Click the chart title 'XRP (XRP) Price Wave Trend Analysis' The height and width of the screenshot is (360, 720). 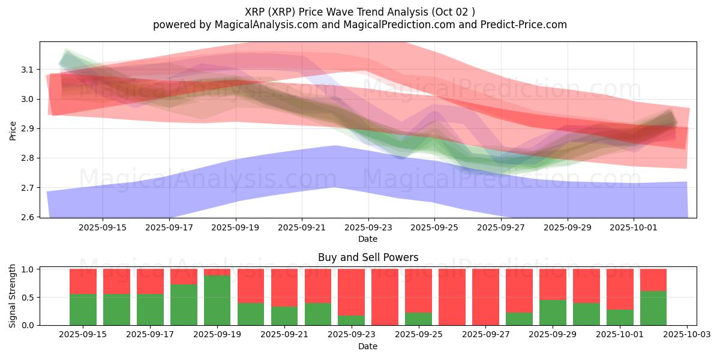click(336, 12)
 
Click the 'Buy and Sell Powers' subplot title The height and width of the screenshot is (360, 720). click(368, 258)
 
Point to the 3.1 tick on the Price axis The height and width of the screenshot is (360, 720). click(27, 70)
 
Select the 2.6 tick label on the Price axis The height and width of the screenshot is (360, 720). click(27, 217)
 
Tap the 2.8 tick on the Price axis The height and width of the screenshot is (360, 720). click(27, 158)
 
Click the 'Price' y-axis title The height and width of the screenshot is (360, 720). click(13, 130)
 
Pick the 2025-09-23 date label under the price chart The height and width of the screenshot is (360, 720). click(368, 227)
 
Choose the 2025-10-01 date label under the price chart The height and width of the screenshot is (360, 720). click(633, 227)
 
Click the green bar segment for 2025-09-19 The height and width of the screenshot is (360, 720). click(217, 300)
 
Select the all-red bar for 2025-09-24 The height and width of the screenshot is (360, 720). click(385, 297)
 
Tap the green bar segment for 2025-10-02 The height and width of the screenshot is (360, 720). click(653, 308)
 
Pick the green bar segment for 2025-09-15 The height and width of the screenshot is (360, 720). click(83, 310)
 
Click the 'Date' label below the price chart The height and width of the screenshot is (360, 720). click(368, 239)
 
